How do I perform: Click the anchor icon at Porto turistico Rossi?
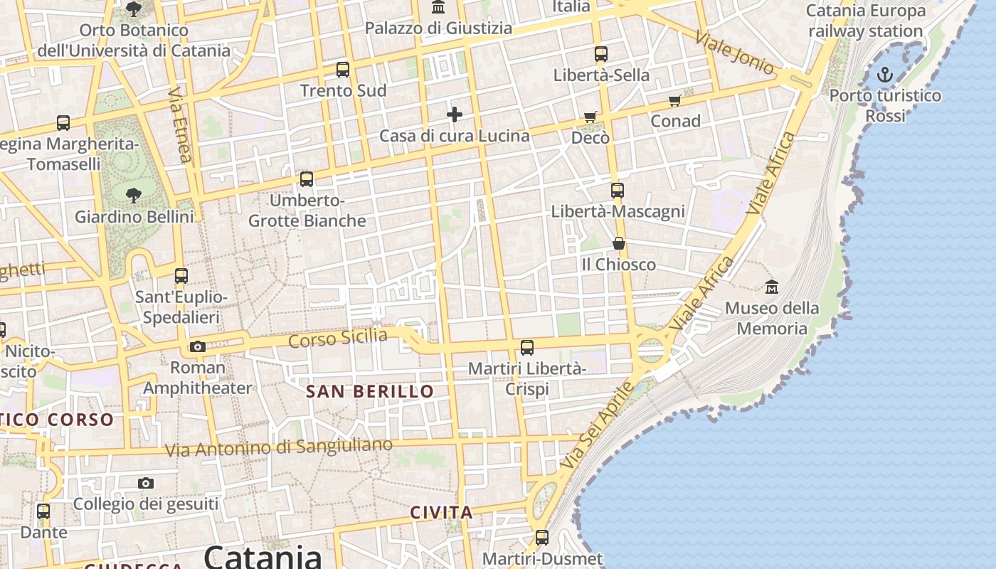[884, 74]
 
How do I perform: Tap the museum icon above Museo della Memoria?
[772, 287]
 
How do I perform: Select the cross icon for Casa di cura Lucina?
[455, 115]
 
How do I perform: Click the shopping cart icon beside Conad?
[674, 100]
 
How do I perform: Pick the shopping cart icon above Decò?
[590, 117]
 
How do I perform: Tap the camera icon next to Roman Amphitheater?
[198, 347]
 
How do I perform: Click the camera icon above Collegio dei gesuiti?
[146, 484]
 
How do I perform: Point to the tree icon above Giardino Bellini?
[133, 196]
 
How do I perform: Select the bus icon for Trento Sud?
[343, 70]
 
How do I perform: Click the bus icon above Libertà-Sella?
[601, 54]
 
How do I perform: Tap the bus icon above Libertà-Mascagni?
[618, 191]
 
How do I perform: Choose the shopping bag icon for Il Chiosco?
[619, 244]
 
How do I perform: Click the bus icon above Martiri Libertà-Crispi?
[527, 348]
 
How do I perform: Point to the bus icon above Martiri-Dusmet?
[542, 538]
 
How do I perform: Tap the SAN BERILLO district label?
[370, 391]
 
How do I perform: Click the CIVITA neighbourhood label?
[442, 513]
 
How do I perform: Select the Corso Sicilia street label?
[338, 338]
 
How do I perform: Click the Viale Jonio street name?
[735, 53]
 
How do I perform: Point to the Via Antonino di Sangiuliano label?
[279, 447]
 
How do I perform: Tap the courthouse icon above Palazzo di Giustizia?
[438, 8]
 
